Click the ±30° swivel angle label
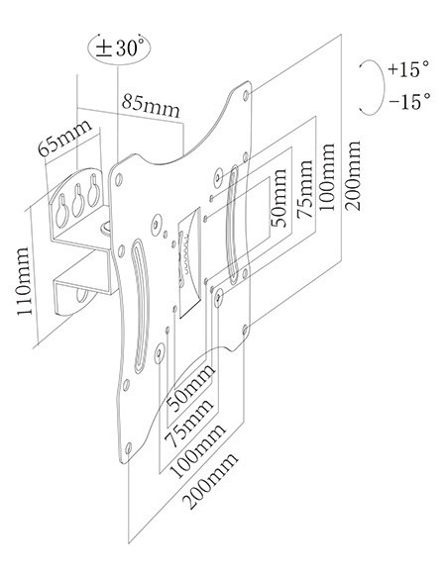coord(120,48)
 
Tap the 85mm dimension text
coord(152,105)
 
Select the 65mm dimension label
coord(64,138)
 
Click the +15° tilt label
coord(408,69)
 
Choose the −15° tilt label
coord(409,101)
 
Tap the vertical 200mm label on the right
coord(353,176)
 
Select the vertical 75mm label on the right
coord(306,189)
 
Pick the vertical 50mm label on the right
coord(280,198)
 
